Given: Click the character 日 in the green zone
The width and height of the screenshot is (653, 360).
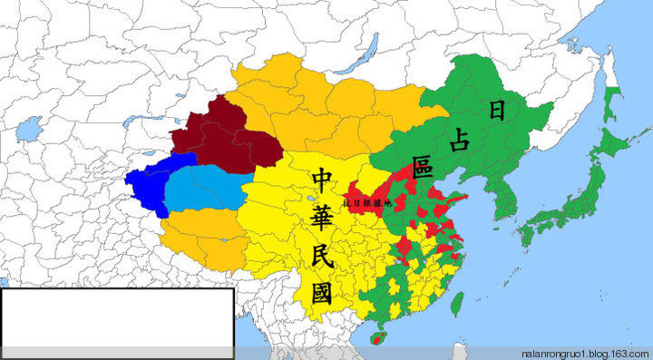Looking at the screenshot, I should pyautogui.click(x=497, y=111).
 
